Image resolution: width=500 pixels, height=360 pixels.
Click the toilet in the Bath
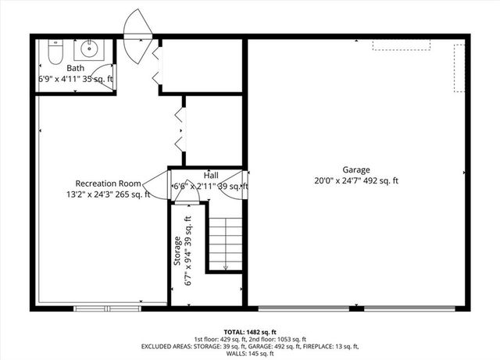[x=54, y=52]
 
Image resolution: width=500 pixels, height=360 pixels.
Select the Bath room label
[x=76, y=69]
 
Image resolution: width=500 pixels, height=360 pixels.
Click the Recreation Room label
[x=108, y=184]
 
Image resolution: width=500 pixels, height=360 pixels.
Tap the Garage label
[x=355, y=169]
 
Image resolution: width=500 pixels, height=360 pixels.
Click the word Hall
[x=211, y=176]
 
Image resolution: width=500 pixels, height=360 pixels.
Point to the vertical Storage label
[x=177, y=250]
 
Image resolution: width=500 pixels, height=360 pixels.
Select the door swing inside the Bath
[x=103, y=78]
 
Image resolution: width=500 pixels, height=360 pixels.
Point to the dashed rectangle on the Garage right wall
[x=459, y=68]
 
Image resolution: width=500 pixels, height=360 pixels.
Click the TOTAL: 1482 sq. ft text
[x=249, y=331]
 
